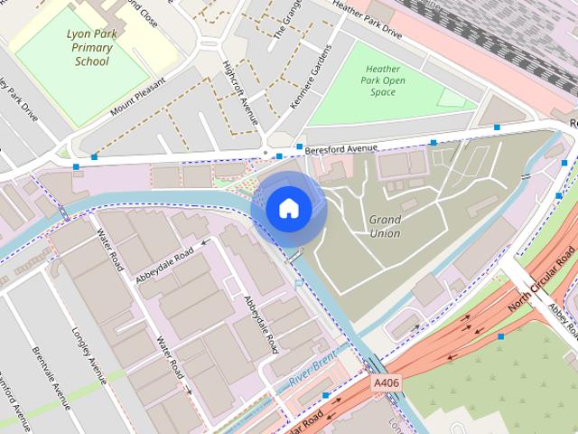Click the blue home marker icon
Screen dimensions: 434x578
[x=288, y=209]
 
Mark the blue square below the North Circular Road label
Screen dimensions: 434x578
[x=500, y=336]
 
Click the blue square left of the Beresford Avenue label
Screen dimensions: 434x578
[x=299, y=146]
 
